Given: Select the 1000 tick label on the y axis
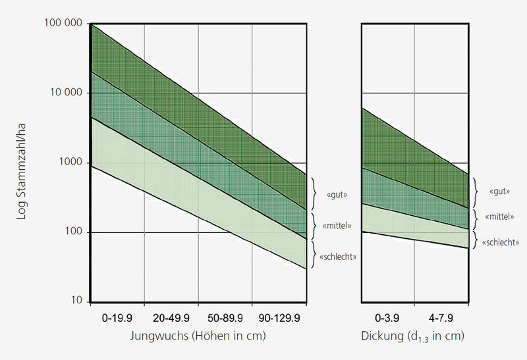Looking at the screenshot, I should [72, 163].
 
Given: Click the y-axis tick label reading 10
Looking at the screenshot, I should [77, 302].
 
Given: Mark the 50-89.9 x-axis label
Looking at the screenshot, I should [225, 318].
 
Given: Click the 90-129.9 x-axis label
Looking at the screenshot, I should [279, 318].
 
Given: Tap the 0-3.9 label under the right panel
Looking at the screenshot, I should [389, 318].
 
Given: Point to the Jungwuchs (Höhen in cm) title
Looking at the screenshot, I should [198, 336].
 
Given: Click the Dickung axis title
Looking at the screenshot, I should [413, 337].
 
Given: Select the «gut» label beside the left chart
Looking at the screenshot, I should [336, 195].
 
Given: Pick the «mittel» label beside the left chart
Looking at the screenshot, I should [336, 226].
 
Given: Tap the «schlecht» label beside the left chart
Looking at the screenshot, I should [338, 257].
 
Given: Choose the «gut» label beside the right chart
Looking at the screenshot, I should [501, 191].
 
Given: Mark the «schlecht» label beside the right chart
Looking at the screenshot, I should [500, 243].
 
